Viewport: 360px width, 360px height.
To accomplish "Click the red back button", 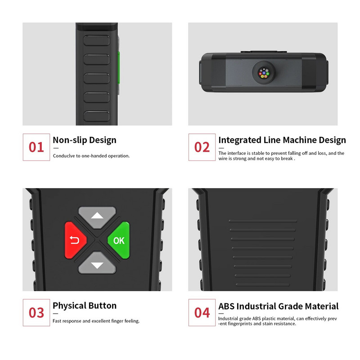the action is [75, 240].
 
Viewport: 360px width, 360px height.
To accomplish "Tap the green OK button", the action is [119, 240].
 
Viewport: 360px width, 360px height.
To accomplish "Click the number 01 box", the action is [36, 147].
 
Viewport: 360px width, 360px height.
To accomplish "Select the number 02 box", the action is [202, 147].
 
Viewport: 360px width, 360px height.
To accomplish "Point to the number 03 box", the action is [36, 312].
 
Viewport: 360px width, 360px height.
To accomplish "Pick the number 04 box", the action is [202, 312].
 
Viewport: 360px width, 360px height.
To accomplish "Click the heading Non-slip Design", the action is [85, 140].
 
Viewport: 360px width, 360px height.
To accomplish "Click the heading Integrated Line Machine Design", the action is [282, 140].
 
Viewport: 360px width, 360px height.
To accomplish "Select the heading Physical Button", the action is [85, 306].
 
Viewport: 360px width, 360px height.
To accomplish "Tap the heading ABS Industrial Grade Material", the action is [278, 306].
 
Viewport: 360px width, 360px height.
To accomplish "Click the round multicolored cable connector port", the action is [264, 73].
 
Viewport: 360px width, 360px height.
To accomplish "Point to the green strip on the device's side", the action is [118, 68].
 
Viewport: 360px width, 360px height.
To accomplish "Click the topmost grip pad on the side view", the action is [96, 40].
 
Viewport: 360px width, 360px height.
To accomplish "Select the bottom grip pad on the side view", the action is [96, 116].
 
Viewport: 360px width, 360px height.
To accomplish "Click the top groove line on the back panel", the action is [263, 221].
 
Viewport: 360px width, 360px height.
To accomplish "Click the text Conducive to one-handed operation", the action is [91, 156].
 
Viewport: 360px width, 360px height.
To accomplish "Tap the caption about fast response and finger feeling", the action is [96, 321].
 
